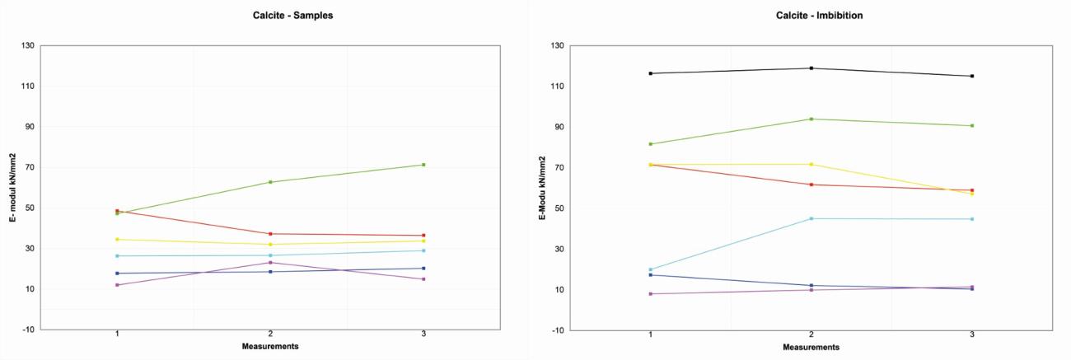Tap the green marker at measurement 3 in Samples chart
point(423,165)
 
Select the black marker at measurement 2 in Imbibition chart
point(811,68)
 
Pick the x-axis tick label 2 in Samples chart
point(270,334)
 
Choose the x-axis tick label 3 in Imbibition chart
point(972,335)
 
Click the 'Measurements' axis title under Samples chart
point(270,346)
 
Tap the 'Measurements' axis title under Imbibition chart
point(811,347)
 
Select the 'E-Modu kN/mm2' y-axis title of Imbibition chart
point(542,188)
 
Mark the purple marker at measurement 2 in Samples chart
point(270,263)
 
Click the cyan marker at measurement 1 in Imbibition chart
point(651,269)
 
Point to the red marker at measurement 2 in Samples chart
point(270,234)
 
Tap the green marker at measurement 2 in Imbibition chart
point(811,119)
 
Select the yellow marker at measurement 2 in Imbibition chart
point(811,164)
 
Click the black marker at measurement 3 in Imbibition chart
point(972,76)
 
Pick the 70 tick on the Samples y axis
point(29,167)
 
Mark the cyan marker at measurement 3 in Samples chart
point(423,250)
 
